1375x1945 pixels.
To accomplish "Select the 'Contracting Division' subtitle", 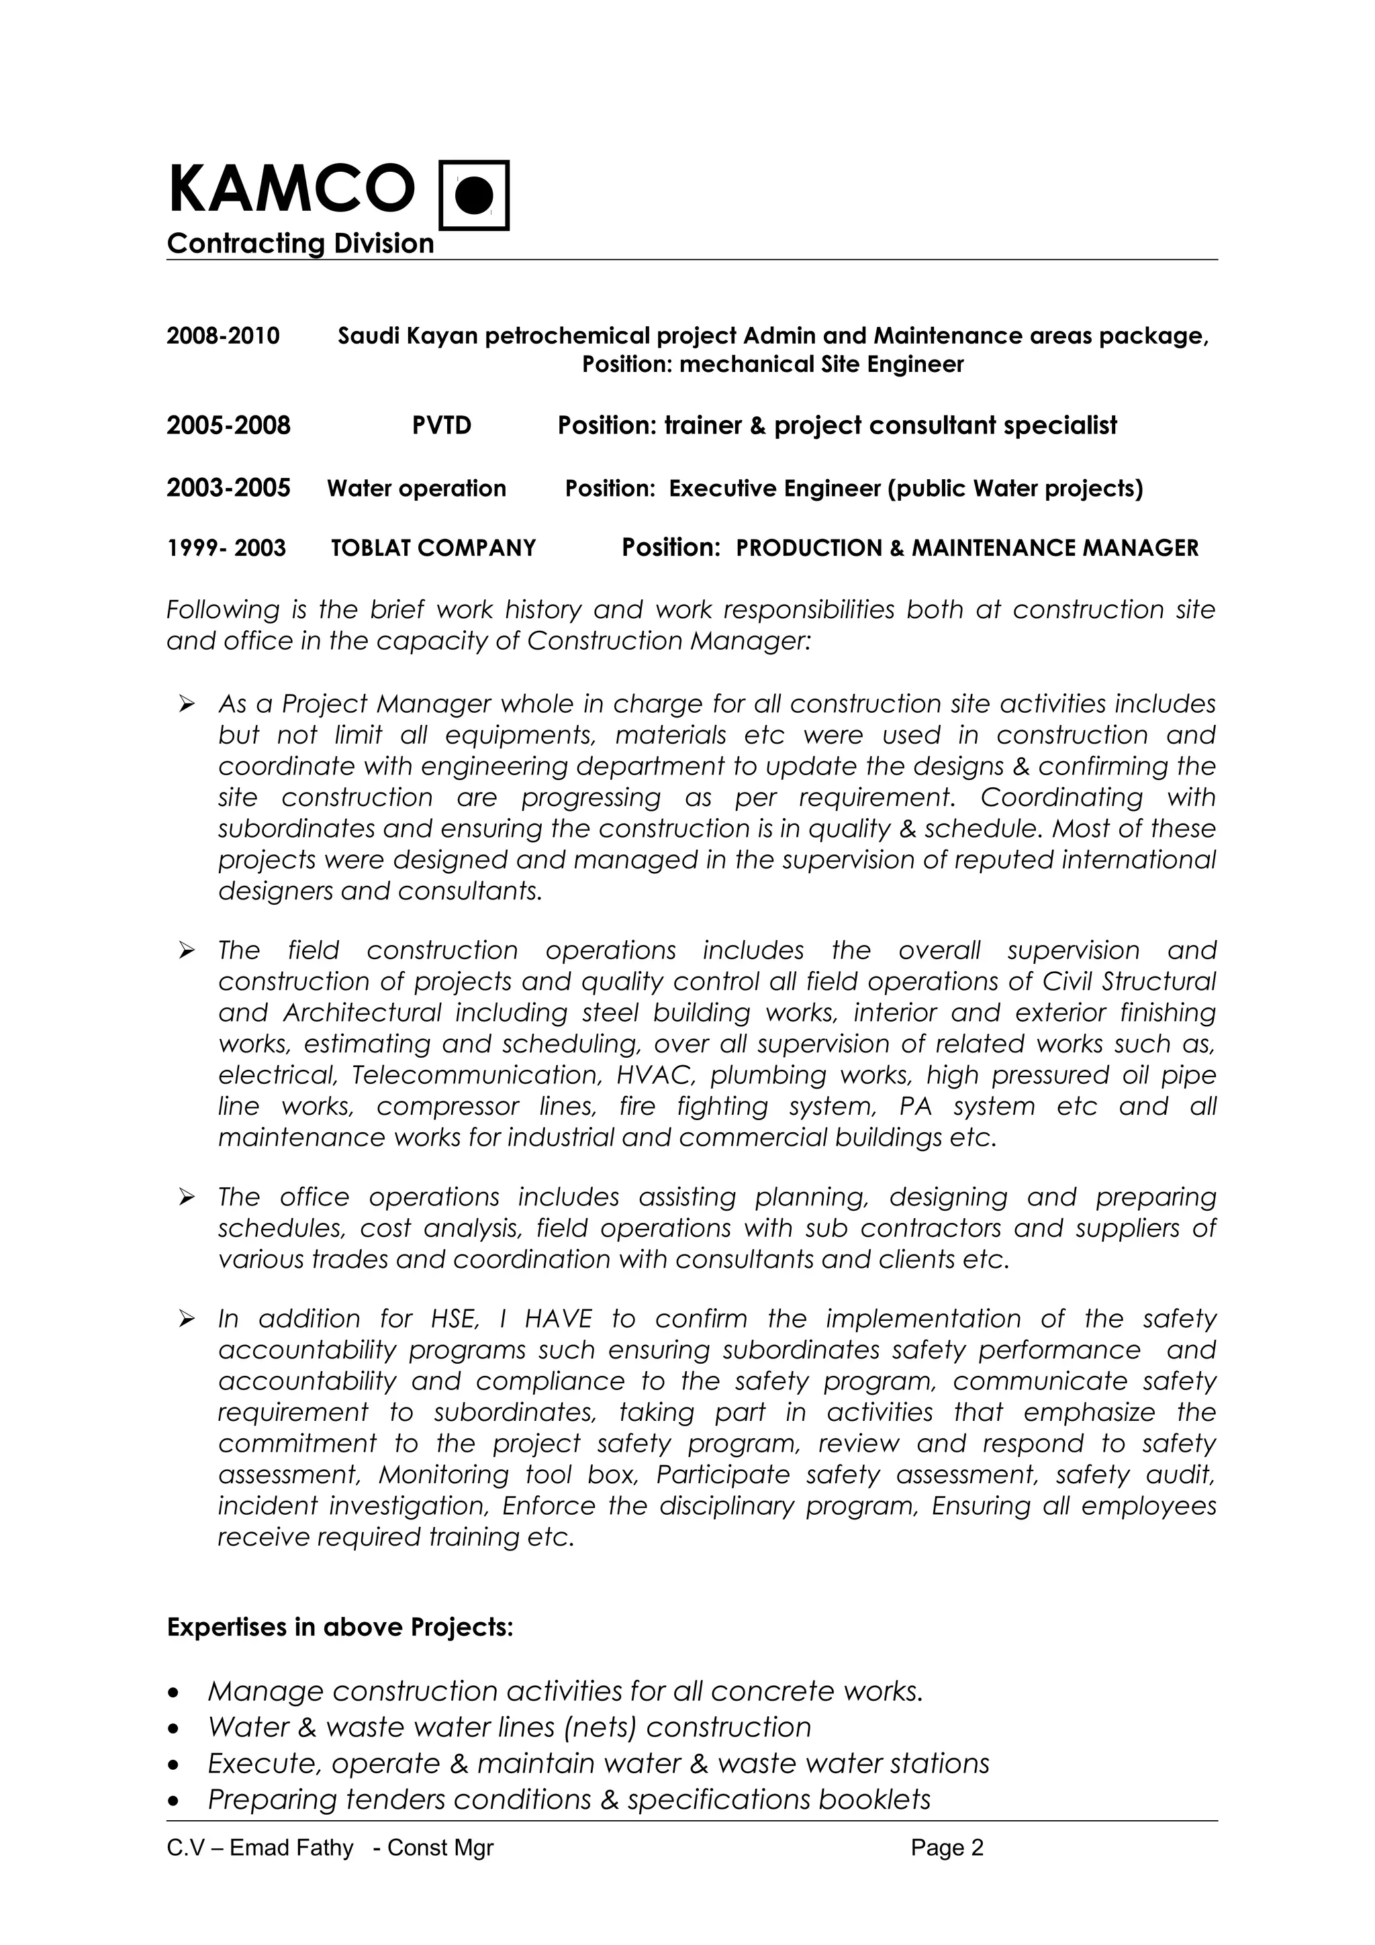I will (300, 244).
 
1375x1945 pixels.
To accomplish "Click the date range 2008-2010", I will (223, 336).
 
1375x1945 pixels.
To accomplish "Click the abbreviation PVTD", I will (441, 426).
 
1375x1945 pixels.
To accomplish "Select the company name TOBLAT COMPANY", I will (433, 548).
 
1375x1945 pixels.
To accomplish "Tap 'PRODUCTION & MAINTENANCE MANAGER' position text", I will (967, 548).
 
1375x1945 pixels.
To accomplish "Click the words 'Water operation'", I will (416, 489).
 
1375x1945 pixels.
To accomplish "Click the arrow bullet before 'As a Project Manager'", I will (187, 704).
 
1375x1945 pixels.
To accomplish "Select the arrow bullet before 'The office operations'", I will (187, 1197).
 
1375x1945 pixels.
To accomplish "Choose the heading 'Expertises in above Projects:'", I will (340, 1628).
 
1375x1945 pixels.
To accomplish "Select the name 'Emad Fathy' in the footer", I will (291, 1848).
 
